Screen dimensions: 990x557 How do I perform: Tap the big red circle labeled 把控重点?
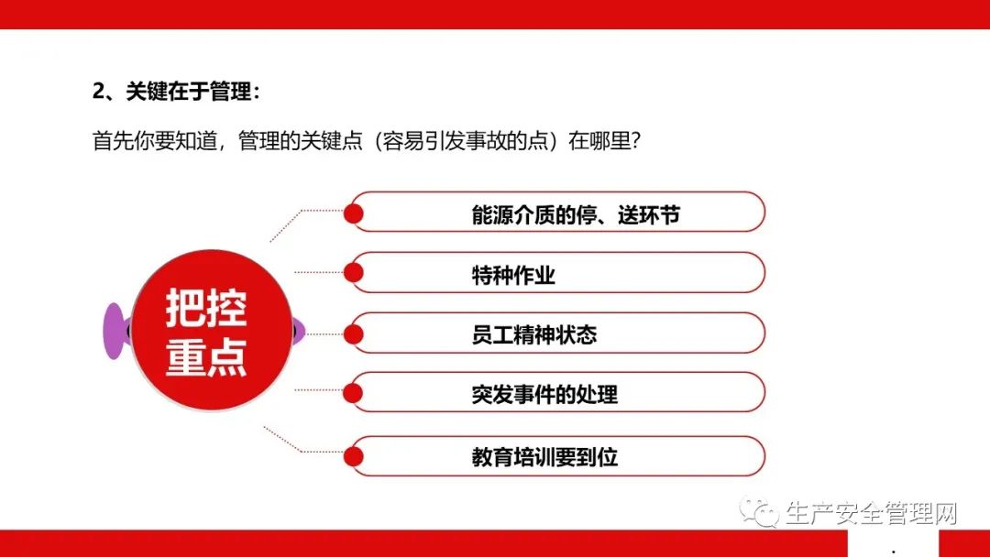(212, 330)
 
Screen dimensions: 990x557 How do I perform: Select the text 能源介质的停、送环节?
(575, 215)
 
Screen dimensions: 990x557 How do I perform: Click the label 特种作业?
(513, 275)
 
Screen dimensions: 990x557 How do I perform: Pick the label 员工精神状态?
(534, 335)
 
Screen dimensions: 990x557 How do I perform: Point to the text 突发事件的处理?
(544, 395)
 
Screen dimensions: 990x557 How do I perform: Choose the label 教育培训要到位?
(544, 457)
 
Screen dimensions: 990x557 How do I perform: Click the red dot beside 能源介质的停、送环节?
(354, 213)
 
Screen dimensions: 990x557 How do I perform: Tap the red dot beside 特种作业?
(354, 272)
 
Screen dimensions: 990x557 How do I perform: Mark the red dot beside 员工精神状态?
(354, 334)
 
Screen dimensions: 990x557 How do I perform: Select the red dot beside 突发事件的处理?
(354, 392)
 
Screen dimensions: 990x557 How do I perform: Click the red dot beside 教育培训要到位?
(354, 456)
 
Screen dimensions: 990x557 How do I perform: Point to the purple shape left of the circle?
(115, 331)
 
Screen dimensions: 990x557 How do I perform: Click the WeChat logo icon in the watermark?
(760, 511)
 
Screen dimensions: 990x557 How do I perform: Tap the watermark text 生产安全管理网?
(872, 513)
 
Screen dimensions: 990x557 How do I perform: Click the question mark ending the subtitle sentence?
(636, 140)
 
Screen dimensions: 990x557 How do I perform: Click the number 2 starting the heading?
(98, 92)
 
